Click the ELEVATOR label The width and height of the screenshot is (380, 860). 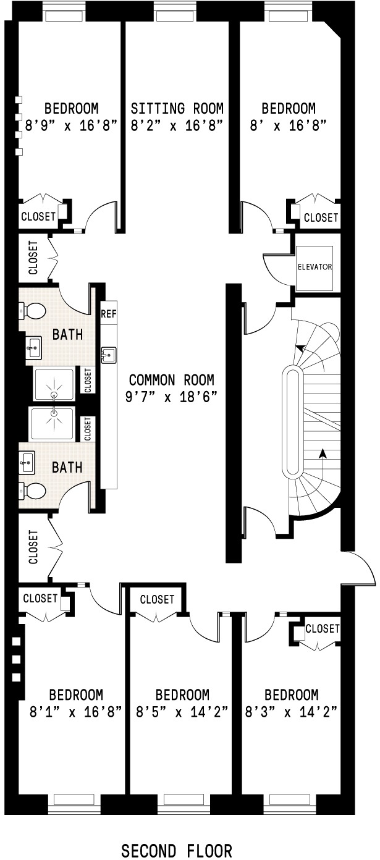(315, 266)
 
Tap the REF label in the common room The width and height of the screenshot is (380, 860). (109, 314)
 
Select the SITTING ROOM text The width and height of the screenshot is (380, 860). (177, 109)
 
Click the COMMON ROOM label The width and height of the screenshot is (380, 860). (172, 380)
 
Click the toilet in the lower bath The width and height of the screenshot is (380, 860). (32, 491)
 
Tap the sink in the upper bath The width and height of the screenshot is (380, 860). (34, 348)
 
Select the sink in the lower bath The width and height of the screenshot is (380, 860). (27, 462)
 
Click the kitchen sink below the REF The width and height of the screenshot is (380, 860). (109, 355)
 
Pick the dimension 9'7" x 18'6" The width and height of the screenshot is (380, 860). (172, 397)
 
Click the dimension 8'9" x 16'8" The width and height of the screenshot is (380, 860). (71, 125)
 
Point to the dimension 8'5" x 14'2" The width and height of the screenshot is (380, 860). (182, 712)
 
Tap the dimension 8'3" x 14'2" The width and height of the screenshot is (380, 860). (292, 712)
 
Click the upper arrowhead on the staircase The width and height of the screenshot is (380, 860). (300, 348)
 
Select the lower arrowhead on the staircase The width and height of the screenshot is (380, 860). (323, 453)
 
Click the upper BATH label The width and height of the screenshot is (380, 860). (67, 334)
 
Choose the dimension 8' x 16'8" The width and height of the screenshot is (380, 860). (289, 125)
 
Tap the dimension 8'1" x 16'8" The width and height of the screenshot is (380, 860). (75, 712)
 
